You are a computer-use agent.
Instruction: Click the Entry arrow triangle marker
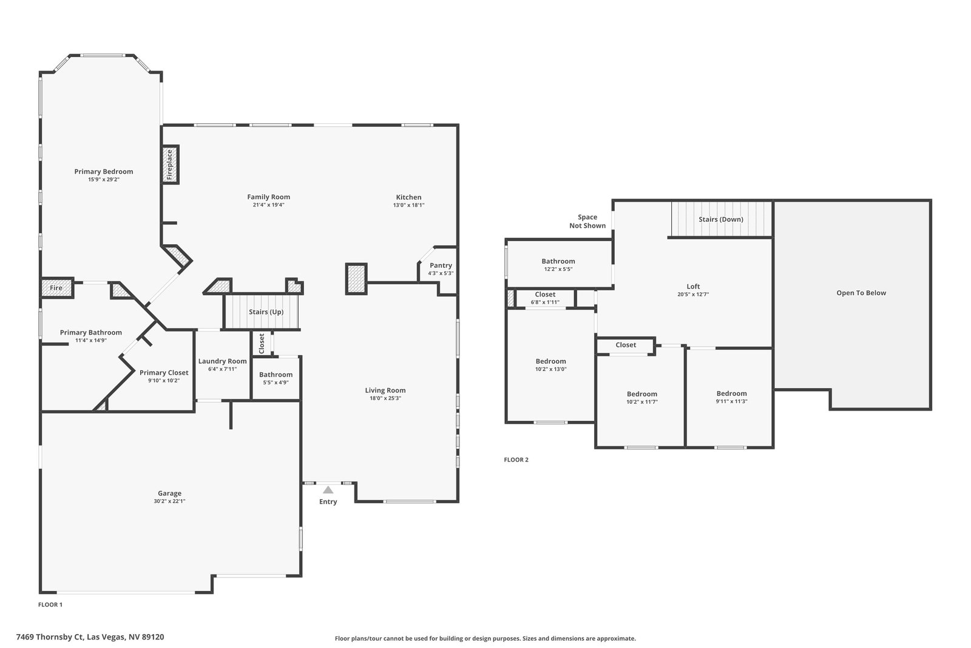coord(328,489)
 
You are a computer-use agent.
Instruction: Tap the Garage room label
coord(169,493)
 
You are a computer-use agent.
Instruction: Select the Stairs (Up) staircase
coord(262,312)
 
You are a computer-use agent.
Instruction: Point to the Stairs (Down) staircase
coord(722,219)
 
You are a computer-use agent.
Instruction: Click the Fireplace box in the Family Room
coord(170,165)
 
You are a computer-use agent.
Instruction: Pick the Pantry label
coord(441,265)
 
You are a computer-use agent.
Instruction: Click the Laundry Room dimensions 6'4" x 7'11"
coord(222,369)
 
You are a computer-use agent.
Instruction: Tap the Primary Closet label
coord(164,372)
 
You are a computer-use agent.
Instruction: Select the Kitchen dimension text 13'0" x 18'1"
coord(409,205)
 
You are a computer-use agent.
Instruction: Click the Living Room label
coord(385,391)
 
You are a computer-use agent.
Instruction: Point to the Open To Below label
coord(861,293)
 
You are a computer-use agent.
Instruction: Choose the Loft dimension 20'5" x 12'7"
coord(693,294)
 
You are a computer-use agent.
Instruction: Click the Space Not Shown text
coord(587,221)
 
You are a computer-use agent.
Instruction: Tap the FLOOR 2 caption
coord(516,460)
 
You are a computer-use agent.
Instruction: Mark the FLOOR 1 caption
coord(50,605)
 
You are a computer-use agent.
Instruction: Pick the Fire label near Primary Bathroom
coord(56,288)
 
